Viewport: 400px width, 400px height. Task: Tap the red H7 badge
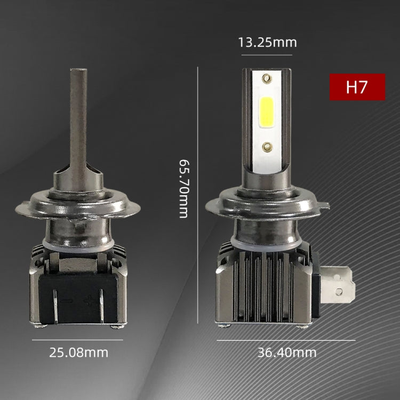click(357, 87)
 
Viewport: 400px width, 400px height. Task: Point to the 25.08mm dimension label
click(79, 353)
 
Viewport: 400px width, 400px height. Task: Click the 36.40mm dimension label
click(287, 353)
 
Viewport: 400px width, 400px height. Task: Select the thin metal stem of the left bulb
click(78, 117)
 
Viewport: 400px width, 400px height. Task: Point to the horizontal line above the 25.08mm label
click(77, 340)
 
